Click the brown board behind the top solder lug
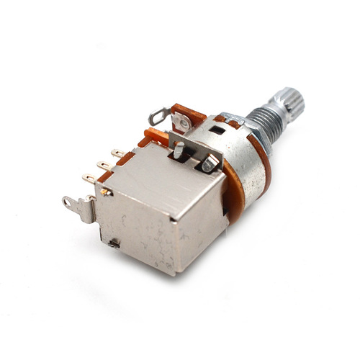pos(189,115)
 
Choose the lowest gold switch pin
pos(89,179)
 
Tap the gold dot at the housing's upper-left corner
pos(107,192)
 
